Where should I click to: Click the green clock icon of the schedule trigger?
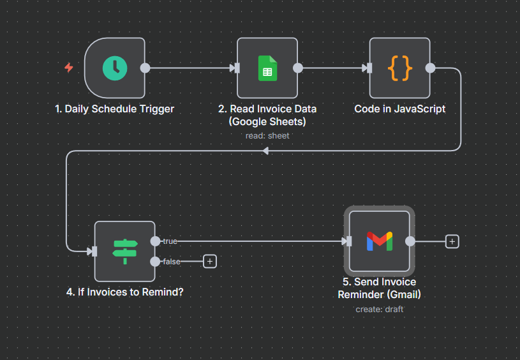coord(115,68)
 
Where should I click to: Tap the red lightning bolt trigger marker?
coord(69,68)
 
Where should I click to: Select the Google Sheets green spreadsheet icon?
coord(267,68)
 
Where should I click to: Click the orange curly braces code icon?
coord(400,68)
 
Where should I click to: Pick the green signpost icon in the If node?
coord(124,251)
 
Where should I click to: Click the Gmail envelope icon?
coord(380,241)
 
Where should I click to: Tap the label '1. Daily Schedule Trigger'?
coord(115,109)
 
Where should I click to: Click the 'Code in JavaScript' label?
coord(400,109)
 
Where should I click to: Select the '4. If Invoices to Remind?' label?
coord(124,292)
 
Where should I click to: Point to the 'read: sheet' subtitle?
coord(267,135)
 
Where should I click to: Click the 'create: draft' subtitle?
coord(380,309)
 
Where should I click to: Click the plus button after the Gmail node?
coord(452,241)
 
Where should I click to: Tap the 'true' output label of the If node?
coord(170,241)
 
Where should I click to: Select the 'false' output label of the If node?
coord(172,261)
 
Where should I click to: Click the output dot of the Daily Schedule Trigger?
coord(145,68)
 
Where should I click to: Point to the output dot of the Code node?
coord(430,68)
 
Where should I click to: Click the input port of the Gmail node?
coord(347,241)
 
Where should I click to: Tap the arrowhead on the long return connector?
coord(265,151)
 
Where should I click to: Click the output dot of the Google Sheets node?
coord(297,68)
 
